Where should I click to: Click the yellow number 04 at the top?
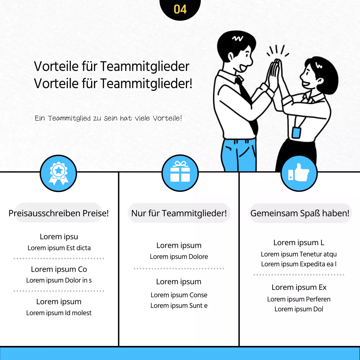pyautogui.click(x=180, y=9)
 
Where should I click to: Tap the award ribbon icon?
pyautogui.click(x=58, y=173)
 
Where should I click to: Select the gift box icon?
pyautogui.click(x=180, y=172)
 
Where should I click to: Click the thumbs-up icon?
pyautogui.click(x=299, y=173)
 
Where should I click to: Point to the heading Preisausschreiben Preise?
pyautogui.click(x=58, y=213)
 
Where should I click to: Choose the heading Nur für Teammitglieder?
pyautogui.click(x=179, y=213)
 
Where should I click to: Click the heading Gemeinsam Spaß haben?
pyautogui.click(x=300, y=213)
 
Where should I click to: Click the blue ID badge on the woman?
pyautogui.click(x=296, y=132)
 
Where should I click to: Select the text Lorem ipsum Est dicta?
pyautogui.click(x=59, y=248)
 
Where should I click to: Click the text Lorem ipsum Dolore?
pyautogui.click(x=179, y=257)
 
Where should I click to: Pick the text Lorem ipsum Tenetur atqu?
pyautogui.click(x=299, y=254)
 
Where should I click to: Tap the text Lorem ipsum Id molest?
pyautogui.click(x=59, y=313)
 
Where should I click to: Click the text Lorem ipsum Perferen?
pyautogui.click(x=299, y=299)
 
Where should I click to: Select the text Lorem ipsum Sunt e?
pyautogui.click(x=179, y=306)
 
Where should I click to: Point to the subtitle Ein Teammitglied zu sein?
pyautogui.click(x=108, y=118)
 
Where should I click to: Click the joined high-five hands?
pyautogui.click(x=276, y=73)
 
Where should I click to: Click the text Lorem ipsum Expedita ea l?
pyautogui.click(x=299, y=264)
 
